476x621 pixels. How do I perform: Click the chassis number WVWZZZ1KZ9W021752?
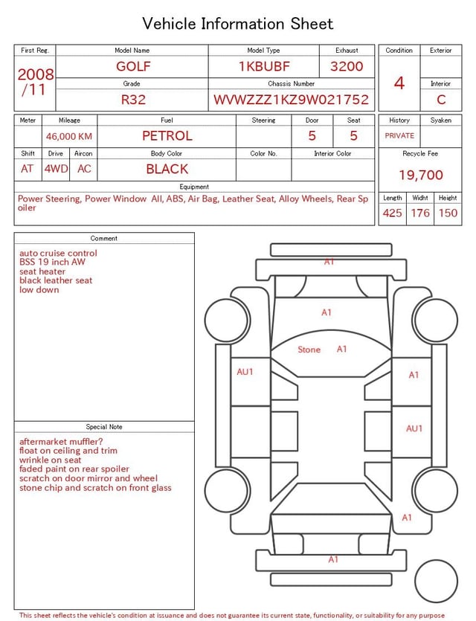pos(291,100)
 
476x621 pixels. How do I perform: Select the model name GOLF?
pos(133,66)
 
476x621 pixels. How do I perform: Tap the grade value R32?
pos(133,100)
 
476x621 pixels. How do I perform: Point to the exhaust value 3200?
pos(347,66)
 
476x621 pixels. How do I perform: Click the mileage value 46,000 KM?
pos(69,136)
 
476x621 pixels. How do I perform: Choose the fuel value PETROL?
pos(167,136)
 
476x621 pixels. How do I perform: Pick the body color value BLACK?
pos(167,169)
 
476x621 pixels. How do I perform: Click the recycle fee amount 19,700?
pos(420,175)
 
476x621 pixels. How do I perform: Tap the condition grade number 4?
pos(399,83)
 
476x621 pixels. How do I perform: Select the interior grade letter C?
pos(441,100)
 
